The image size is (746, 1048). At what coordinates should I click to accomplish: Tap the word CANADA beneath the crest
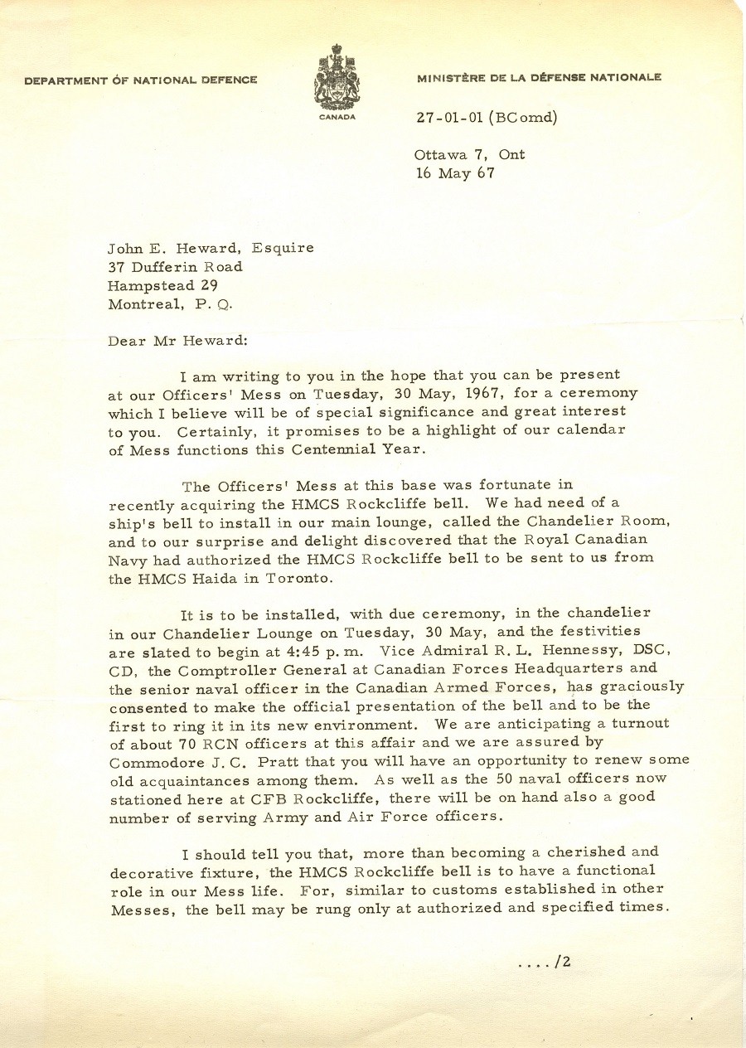337,117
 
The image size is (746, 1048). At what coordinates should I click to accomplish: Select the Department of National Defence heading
140,80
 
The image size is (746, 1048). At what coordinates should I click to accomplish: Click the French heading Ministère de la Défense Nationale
539,78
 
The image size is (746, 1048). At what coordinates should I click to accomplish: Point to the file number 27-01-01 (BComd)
487,117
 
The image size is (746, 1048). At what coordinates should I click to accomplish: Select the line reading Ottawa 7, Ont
470,154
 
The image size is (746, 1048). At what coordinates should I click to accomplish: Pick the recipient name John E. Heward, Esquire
211,247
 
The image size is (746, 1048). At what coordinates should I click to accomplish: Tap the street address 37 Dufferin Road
175,266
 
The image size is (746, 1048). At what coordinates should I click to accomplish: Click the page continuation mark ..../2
544,963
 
